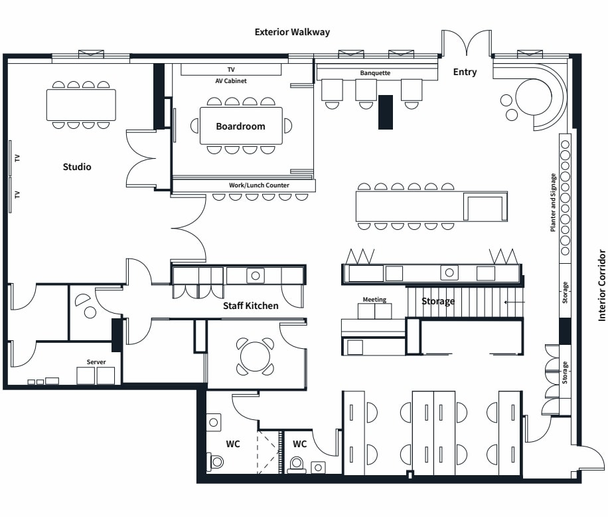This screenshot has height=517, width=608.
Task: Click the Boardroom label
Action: [240, 126]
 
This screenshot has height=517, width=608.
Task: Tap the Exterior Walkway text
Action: [292, 32]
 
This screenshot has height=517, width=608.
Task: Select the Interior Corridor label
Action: [602, 285]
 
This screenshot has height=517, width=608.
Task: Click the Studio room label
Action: [77, 167]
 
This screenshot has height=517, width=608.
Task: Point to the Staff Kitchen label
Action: [250, 306]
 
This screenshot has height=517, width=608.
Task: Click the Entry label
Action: [465, 72]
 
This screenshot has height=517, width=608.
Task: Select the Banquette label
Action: [375, 72]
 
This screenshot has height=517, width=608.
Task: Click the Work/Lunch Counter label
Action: [259, 185]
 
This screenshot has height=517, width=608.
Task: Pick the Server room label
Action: [96, 362]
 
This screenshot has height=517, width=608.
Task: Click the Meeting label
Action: [374, 300]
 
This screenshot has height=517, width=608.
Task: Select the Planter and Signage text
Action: [553, 203]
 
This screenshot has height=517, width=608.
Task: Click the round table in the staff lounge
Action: [255, 356]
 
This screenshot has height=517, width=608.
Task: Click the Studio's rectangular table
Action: [81, 104]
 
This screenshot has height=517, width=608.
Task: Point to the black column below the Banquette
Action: [385, 112]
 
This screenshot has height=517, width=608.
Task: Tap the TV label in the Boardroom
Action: [231, 70]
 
